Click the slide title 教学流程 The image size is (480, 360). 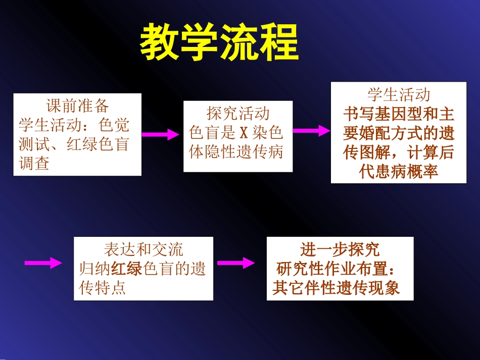click(x=219, y=43)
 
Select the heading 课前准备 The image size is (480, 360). click(x=77, y=106)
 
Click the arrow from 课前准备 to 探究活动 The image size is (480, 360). click(x=160, y=134)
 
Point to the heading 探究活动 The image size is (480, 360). click(x=238, y=114)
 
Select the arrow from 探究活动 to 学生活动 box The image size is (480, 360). click(x=311, y=131)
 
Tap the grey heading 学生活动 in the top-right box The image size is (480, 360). click(x=399, y=94)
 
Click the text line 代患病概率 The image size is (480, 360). click(x=399, y=171)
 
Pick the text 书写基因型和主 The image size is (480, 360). click(x=399, y=114)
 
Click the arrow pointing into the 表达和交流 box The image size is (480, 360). click(x=43, y=263)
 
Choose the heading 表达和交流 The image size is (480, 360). click(x=143, y=249)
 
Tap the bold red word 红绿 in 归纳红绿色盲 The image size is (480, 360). click(x=127, y=269)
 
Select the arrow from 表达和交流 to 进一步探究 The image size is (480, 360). click(x=235, y=263)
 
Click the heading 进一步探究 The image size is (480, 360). click(x=340, y=249)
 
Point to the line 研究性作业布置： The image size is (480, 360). click(x=340, y=269)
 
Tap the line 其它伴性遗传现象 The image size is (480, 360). click(x=336, y=288)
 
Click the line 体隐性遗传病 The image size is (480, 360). click(x=236, y=152)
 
